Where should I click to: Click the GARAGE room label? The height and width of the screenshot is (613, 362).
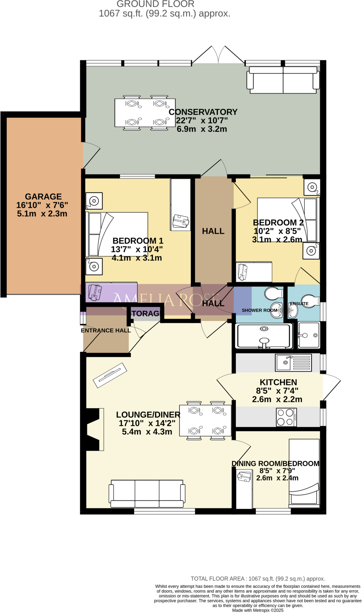[x=43, y=196]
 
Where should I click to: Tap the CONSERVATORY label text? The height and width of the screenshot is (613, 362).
[x=203, y=112]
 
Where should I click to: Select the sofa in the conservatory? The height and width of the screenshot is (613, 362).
[x=282, y=80]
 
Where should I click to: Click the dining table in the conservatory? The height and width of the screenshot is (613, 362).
[x=145, y=113]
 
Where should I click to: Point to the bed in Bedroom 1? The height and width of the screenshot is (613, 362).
[x=117, y=234]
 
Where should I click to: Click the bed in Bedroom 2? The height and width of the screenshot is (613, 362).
[x=287, y=220]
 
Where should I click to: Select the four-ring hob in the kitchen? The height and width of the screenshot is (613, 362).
[x=286, y=417]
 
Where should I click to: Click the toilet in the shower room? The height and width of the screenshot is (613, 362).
[x=273, y=293]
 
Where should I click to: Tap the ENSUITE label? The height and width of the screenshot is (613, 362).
[x=299, y=304]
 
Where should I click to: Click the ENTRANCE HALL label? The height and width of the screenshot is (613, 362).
[x=106, y=330]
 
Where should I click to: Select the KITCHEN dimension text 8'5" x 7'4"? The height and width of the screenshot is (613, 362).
[x=277, y=391]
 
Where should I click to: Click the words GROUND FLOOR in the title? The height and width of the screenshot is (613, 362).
[x=155, y=4]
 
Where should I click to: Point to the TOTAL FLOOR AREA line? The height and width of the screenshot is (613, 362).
[x=258, y=578]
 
